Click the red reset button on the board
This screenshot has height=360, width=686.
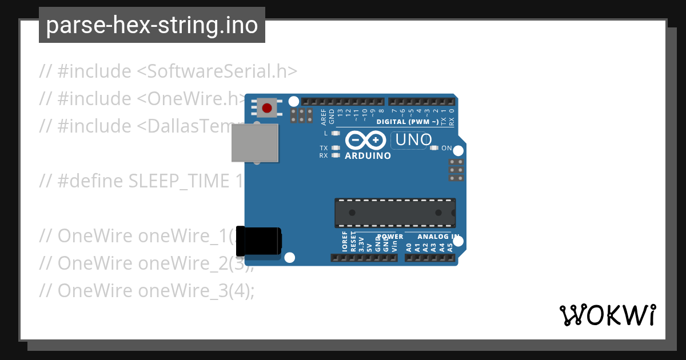(x=266, y=107)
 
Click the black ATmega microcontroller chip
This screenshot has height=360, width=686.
(x=395, y=213)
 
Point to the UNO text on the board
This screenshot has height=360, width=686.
(x=411, y=140)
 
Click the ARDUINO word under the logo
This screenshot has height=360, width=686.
(x=368, y=155)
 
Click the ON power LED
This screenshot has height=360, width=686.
(x=433, y=149)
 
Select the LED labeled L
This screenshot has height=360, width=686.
(x=336, y=133)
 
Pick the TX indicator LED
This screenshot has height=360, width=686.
(x=336, y=148)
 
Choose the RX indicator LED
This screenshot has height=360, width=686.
(x=336, y=155)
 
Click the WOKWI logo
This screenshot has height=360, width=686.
(x=607, y=315)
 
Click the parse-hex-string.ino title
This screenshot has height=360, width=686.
(x=152, y=26)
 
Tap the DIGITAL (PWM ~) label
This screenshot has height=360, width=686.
(x=408, y=122)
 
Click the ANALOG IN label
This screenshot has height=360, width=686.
(x=438, y=237)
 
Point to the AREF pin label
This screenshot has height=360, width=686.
(x=324, y=117)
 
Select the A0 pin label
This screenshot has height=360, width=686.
(x=409, y=248)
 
